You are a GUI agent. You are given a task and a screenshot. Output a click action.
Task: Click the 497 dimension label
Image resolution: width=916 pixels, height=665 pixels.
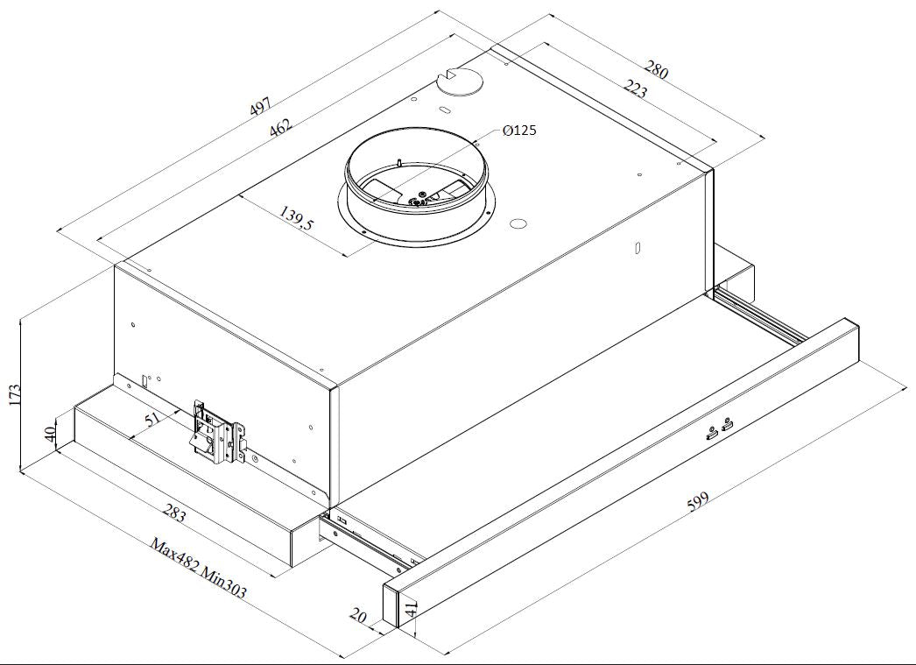coord(261,106)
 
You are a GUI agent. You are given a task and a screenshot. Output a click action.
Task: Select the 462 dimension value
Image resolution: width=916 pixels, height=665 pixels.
coord(280,127)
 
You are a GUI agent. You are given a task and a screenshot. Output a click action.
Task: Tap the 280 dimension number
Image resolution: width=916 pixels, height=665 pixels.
coord(656,69)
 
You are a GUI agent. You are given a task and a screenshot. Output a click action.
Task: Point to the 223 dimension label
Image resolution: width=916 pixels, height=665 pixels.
coord(636,88)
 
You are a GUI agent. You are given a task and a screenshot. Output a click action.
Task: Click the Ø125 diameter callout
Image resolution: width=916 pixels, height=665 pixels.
coord(519,131)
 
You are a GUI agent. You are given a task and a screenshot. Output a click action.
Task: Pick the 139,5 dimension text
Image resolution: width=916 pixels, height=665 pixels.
coord(296,217)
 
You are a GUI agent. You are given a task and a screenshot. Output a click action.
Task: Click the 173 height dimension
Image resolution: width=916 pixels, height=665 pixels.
coord(15,395)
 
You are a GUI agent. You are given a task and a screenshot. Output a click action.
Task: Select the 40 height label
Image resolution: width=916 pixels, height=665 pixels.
coord(50,434)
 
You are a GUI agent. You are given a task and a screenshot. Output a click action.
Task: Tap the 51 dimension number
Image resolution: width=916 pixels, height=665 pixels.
coord(151,420)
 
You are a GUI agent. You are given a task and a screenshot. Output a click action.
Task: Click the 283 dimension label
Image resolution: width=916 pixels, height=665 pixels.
coord(174,513)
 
